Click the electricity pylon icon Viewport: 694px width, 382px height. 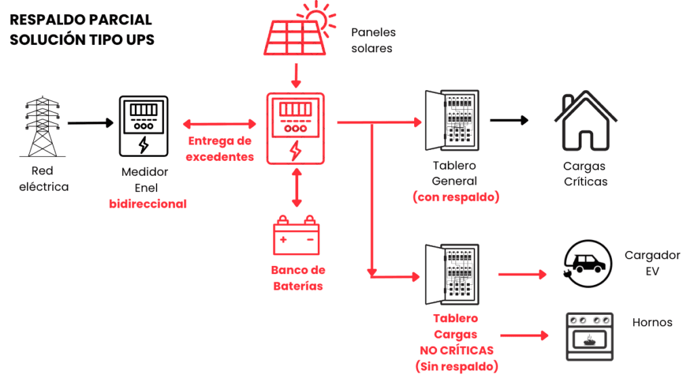pos(42,127)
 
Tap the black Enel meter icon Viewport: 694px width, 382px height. pos(143,126)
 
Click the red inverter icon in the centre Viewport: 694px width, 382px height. pos(295,128)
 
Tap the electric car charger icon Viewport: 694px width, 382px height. pos(587,261)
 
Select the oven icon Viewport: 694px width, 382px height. pos(589,337)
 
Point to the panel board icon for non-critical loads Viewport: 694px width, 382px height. pos(451,276)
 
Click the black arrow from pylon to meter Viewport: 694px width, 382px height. pos(90,123)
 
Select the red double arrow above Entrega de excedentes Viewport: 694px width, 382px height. pos(220,124)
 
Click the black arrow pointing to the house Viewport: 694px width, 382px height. pos(509,121)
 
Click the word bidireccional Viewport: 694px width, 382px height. pos(148,204)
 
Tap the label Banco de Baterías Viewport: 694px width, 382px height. pos(298,278)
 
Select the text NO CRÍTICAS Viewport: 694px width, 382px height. pos(456,350)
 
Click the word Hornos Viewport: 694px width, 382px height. pos(652,322)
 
